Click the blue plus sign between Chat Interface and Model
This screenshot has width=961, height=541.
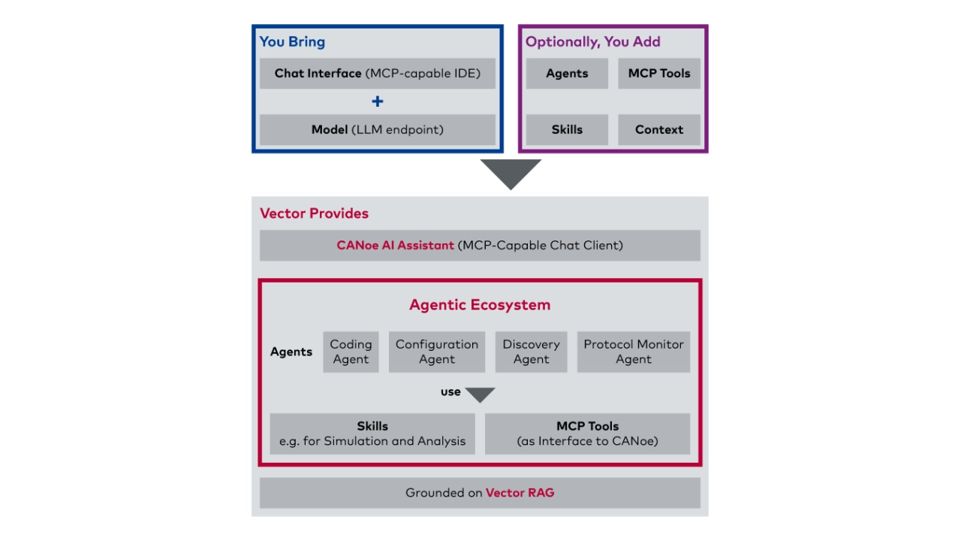coord(378,101)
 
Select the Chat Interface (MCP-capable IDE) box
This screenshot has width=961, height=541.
coord(378,74)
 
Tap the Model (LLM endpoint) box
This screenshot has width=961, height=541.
coord(378,130)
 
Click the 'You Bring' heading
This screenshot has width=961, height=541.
coord(292,41)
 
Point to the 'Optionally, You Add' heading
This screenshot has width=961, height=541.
coord(593,41)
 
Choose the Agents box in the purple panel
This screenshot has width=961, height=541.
coord(567,74)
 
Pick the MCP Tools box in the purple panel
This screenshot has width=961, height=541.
coord(659,74)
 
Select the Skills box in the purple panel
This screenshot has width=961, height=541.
coord(567,130)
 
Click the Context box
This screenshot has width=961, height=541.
coord(659,130)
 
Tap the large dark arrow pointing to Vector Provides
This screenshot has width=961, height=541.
coord(511,172)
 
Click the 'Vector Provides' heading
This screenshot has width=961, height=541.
coord(314,213)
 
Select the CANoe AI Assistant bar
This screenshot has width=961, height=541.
coord(480,246)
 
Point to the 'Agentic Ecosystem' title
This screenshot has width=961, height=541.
coord(480,305)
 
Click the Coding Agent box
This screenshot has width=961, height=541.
coord(351,352)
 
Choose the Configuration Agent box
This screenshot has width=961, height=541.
coord(437,352)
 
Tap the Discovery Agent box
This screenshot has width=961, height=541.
coord(531,352)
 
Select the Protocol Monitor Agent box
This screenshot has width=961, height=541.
coord(634,352)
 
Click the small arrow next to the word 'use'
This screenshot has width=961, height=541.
coord(480,393)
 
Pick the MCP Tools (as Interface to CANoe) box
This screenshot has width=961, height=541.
coord(587,434)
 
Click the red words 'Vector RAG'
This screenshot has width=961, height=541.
coord(520,492)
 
